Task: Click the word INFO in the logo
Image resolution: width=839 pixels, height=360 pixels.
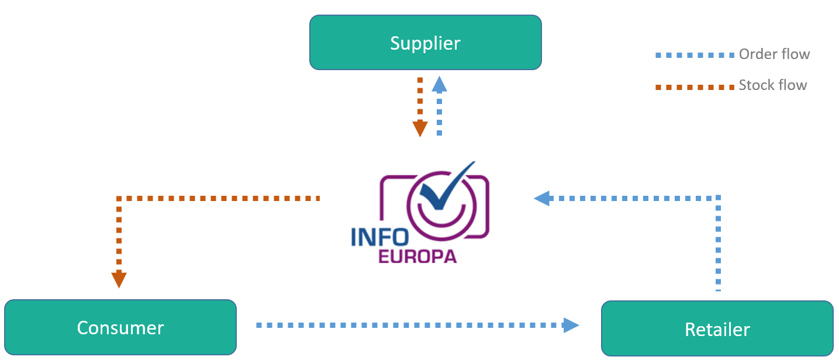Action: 379,237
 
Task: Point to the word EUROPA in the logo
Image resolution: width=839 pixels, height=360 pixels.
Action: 417,256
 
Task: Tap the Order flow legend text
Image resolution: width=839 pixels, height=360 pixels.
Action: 774,54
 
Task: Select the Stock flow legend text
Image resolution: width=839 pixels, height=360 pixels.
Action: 772,85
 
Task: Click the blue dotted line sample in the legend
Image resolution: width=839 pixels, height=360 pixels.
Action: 694,55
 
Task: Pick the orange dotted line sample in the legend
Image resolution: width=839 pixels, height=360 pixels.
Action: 694,87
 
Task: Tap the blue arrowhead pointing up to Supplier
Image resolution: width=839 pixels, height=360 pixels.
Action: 439,85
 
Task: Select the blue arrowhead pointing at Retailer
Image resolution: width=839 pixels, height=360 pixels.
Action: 571,325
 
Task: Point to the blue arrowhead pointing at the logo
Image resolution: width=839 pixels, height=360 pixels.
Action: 543,198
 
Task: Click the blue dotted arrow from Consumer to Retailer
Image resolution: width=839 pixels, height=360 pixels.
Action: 409,325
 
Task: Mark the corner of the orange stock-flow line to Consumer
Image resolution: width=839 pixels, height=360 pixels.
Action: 119,199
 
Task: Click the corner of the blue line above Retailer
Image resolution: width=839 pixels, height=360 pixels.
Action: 719,199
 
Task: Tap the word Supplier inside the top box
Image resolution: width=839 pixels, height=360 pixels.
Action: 425,43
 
